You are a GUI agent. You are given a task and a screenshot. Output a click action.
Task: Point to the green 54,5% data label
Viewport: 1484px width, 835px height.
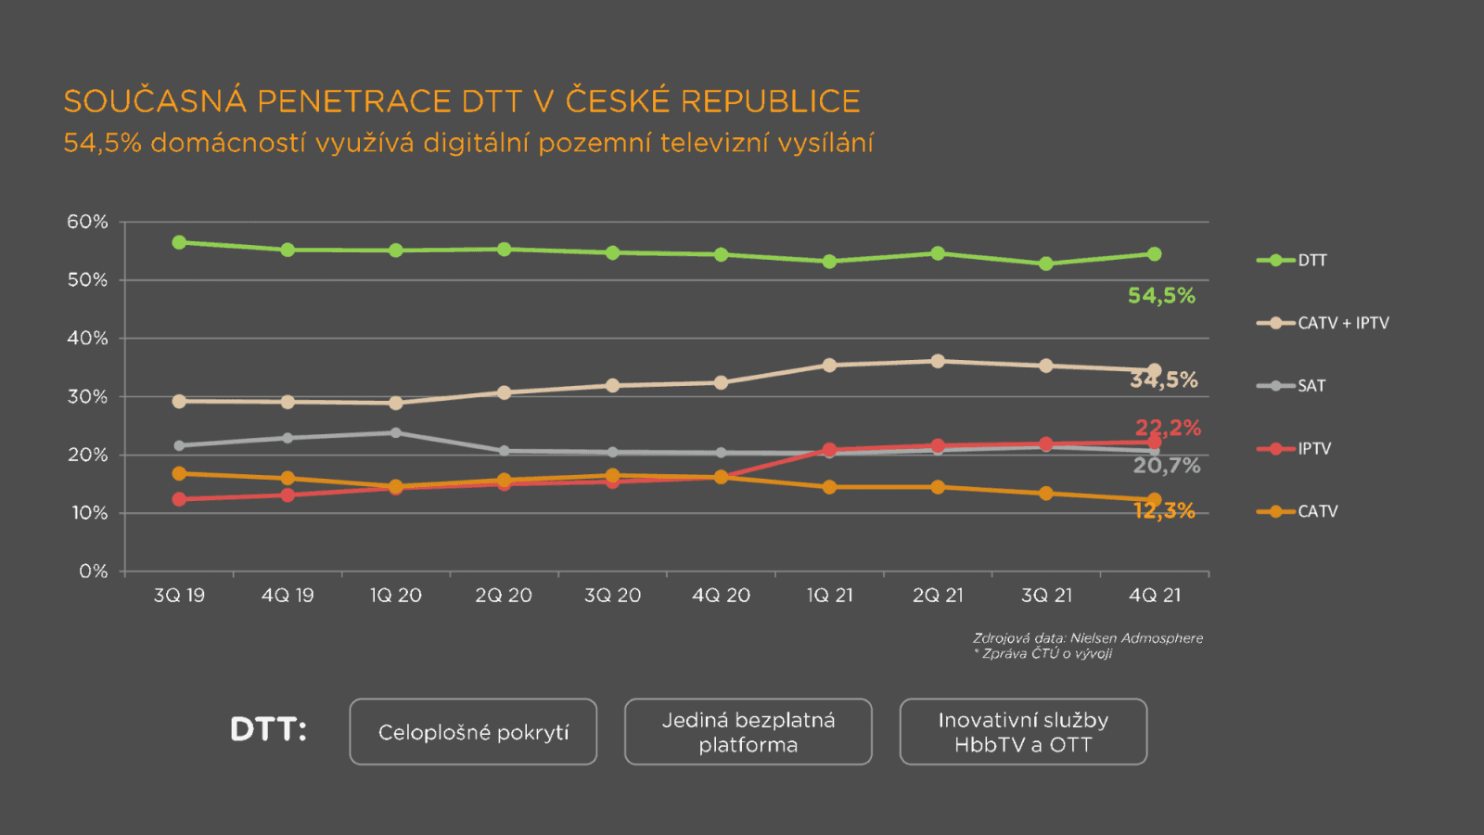tap(1161, 296)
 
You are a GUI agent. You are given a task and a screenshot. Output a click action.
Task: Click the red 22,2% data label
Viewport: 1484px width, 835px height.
tap(1168, 428)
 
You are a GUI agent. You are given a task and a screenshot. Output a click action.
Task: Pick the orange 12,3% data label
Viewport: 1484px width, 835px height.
tap(1164, 511)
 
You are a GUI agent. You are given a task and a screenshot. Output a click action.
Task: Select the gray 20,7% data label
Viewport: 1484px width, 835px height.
tap(1167, 466)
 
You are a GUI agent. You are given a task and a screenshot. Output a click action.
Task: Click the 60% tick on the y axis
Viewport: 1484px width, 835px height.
tap(87, 222)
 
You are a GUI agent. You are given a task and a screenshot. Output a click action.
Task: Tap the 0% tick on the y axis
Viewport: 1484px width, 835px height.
tap(93, 572)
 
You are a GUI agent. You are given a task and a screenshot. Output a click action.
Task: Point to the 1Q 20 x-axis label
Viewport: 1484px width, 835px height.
tap(396, 596)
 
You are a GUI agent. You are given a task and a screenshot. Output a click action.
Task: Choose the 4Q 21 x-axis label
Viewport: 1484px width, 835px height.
tap(1155, 596)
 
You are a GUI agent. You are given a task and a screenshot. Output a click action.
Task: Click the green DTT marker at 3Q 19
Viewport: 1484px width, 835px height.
tap(179, 242)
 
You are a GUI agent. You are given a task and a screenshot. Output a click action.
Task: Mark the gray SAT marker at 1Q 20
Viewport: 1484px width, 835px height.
tap(396, 432)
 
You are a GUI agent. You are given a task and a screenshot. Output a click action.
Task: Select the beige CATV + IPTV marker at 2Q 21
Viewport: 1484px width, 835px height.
tap(938, 361)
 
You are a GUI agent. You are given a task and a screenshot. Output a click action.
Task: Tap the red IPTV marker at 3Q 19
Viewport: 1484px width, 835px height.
tap(179, 499)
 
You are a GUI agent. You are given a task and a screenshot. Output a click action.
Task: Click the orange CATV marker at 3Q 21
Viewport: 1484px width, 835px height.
tap(1046, 494)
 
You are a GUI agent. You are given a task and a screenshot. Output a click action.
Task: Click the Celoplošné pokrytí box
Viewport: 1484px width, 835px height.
tap(473, 732)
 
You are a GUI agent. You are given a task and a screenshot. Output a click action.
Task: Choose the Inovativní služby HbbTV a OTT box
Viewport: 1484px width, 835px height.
tap(1023, 732)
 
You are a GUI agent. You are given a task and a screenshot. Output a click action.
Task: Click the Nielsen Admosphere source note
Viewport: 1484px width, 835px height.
tap(1087, 638)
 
